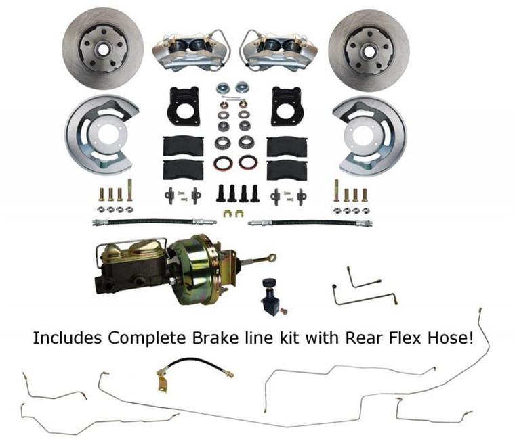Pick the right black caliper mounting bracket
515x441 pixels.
(288, 107)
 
